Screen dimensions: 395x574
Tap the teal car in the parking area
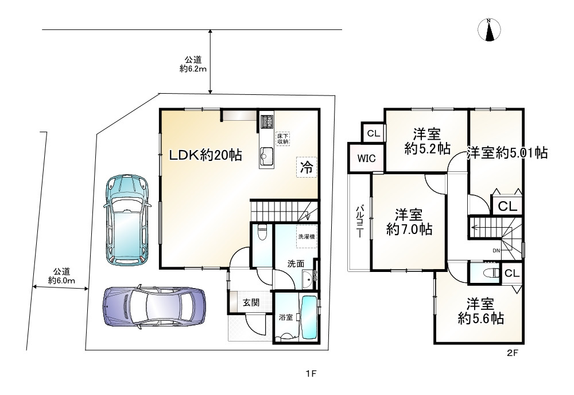point(125,219)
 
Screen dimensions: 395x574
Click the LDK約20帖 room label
point(204,155)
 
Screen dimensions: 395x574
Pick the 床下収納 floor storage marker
point(282,138)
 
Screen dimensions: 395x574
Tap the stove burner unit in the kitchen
point(267,121)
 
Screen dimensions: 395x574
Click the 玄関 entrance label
point(250,302)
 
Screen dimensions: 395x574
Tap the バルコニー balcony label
point(359,221)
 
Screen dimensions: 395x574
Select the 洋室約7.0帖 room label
point(409,222)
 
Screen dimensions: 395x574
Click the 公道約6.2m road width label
point(193,64)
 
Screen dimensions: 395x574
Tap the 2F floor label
point(513,354)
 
